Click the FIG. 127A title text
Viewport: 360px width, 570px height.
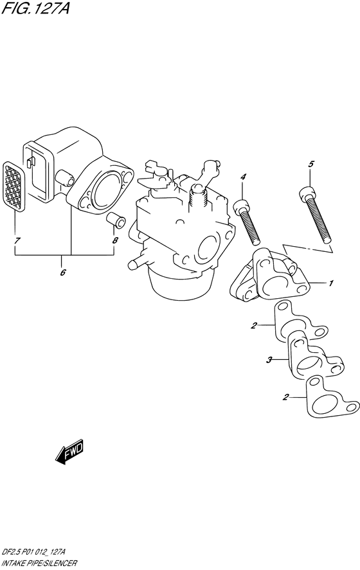point(35,7)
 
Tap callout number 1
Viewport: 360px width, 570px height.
point(330,283)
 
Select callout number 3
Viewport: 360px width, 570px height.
point(269,361)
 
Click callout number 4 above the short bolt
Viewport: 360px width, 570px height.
point(243,177)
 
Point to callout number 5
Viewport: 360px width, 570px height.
point(310,164)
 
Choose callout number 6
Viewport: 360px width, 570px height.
point(62,272)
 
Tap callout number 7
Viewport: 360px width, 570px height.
point(16,240)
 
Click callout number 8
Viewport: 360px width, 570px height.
point(115,240)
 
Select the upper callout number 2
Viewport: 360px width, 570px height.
point(254,325)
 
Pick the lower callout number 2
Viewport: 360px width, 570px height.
point(286,397)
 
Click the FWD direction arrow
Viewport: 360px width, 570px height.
point(69,452)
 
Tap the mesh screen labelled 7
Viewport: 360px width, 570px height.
point(14,186)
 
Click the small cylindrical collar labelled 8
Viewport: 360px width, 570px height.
point(116,220)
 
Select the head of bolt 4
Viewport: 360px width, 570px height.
point(241,206)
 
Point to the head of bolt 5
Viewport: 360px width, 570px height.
point(308,193)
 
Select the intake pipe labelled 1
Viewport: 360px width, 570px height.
point(270,278)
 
